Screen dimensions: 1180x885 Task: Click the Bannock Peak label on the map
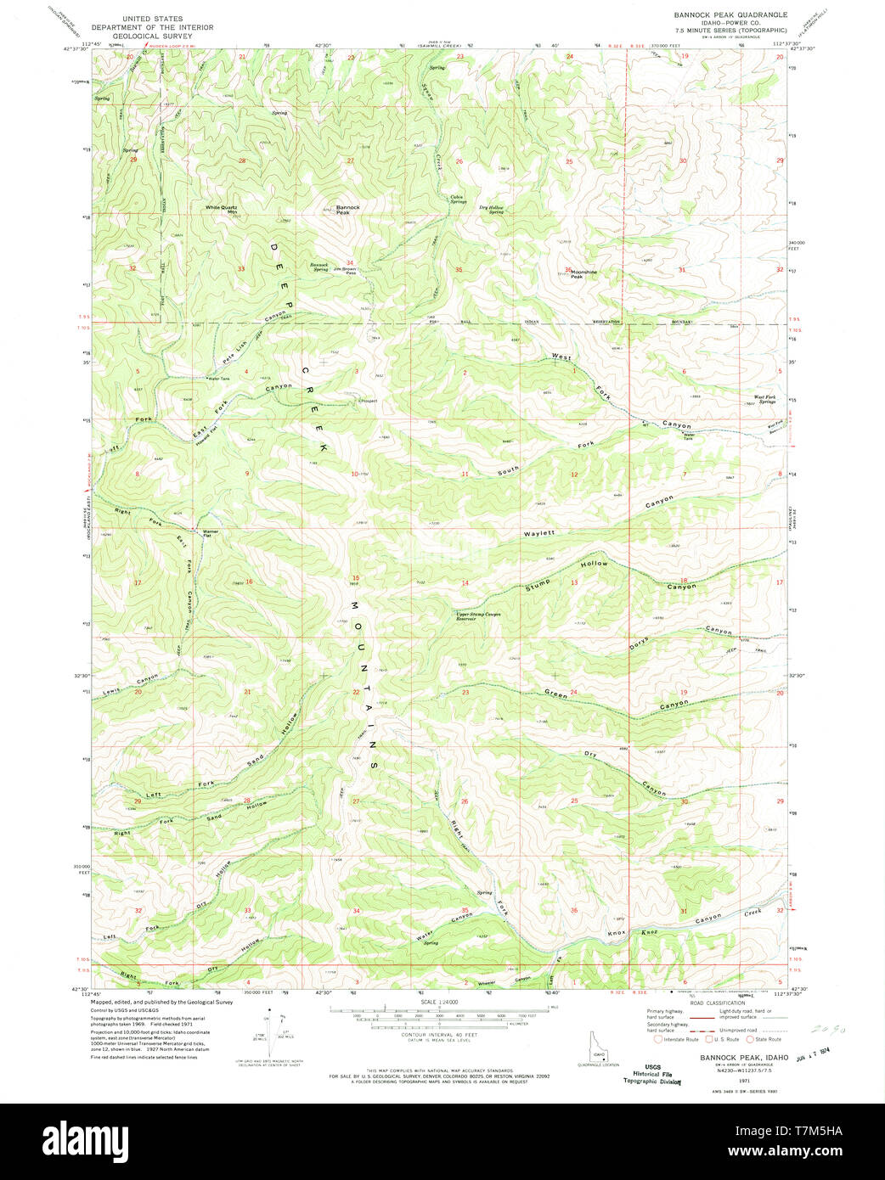click(x=347, y=210)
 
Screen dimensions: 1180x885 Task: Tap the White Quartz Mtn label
click(x=220, y=209)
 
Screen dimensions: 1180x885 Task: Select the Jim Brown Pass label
click(x=345, y=270)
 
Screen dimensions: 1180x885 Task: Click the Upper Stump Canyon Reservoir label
click(x=478, y=616)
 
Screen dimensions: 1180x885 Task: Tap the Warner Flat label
click(x=210, y=534)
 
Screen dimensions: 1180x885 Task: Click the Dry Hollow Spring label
click(x=491, y=210)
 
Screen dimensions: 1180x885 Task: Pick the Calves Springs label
click(x=458, y=199)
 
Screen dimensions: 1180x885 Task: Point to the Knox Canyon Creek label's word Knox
click(x=617, y=933)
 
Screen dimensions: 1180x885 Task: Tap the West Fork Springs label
click(x=764, y=399)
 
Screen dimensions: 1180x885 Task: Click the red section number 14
click(x=465, y=583)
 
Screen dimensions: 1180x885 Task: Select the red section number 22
click(x=356, y=693)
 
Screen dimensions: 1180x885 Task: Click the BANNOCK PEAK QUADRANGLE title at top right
click(x=730, y=14)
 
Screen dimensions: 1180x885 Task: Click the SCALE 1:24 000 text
click(x=439, y=1003)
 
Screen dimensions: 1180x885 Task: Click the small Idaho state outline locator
click(x=599, y=1047)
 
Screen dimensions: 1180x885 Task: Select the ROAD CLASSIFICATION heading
click(x=719, y=1003)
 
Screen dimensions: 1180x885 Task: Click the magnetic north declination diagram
click(x=271, y=1027)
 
